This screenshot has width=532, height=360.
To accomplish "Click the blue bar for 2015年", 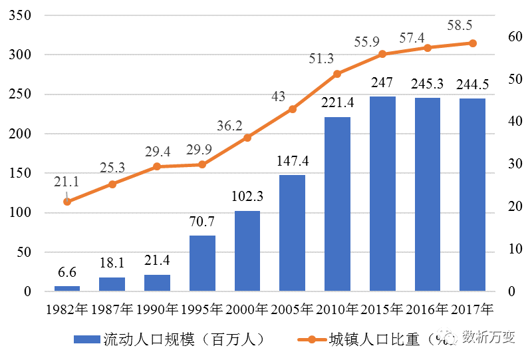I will [382, 194].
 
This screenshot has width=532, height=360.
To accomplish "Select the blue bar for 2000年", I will [247, 251].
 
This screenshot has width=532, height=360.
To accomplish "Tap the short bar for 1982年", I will [67, 288].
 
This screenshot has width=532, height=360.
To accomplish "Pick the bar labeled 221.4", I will [337, 204].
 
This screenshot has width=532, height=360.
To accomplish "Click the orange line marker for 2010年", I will [337, 74].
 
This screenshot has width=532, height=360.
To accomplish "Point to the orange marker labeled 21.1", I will [67, 202].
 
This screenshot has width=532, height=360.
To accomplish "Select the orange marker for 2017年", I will [473, 43].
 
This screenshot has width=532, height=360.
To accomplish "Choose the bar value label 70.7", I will [202, 221].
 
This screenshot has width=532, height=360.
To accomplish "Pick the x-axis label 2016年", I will [428, 309].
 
